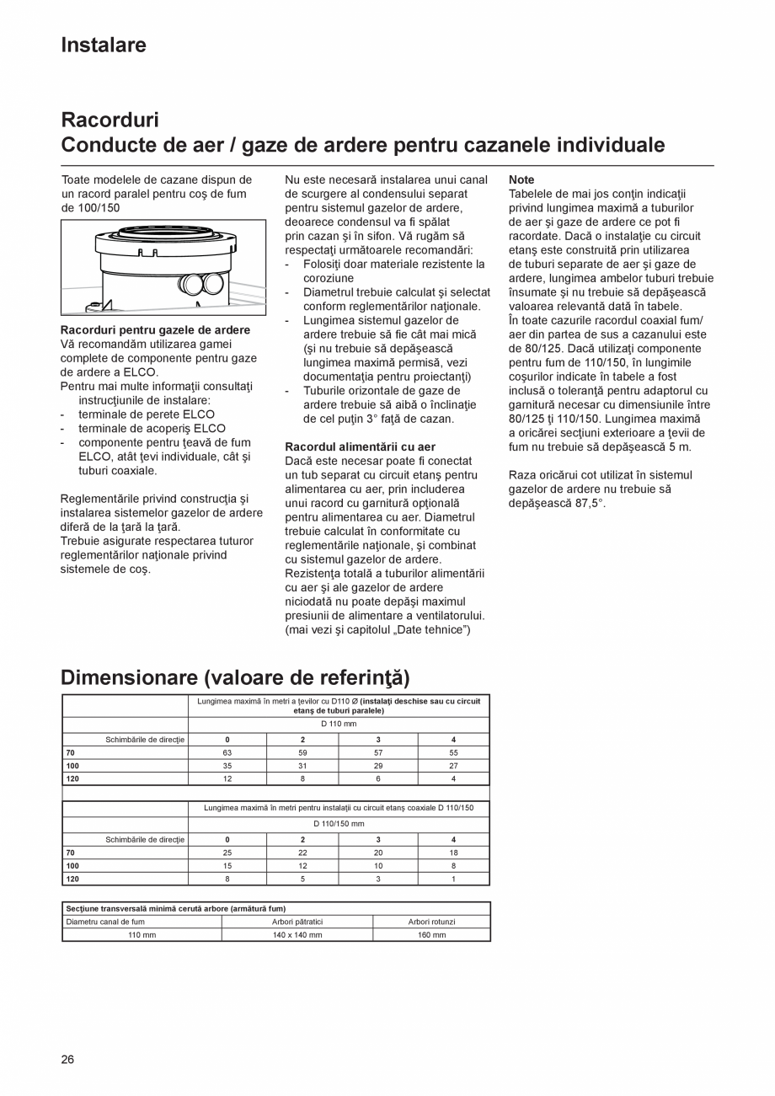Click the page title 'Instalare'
(x=103, y=45)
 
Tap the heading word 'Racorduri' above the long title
(x=110, y=120)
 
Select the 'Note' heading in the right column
(x=521, y=180)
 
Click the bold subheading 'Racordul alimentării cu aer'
(x=360, y=446)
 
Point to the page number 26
(x=67, y=1059)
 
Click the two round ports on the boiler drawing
(x=200, y=283)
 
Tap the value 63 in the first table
(x=227, y=752)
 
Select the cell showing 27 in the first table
(x=453, y=766)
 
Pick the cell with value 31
(x=302, y=766)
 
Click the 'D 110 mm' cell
(x=339, y=724)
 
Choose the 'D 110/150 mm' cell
(x=339, y=824)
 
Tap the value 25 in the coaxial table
(x=227, y=853)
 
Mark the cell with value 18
(x=453, y=853)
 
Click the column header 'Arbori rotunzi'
(x=431, y=922)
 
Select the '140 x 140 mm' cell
(x=297, y=935)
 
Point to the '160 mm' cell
(x=431, y=935)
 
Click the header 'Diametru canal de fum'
(x=105, y=922)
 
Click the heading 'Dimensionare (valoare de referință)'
(x=235, y=677)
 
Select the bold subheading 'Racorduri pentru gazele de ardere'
(x=155, y=329)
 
